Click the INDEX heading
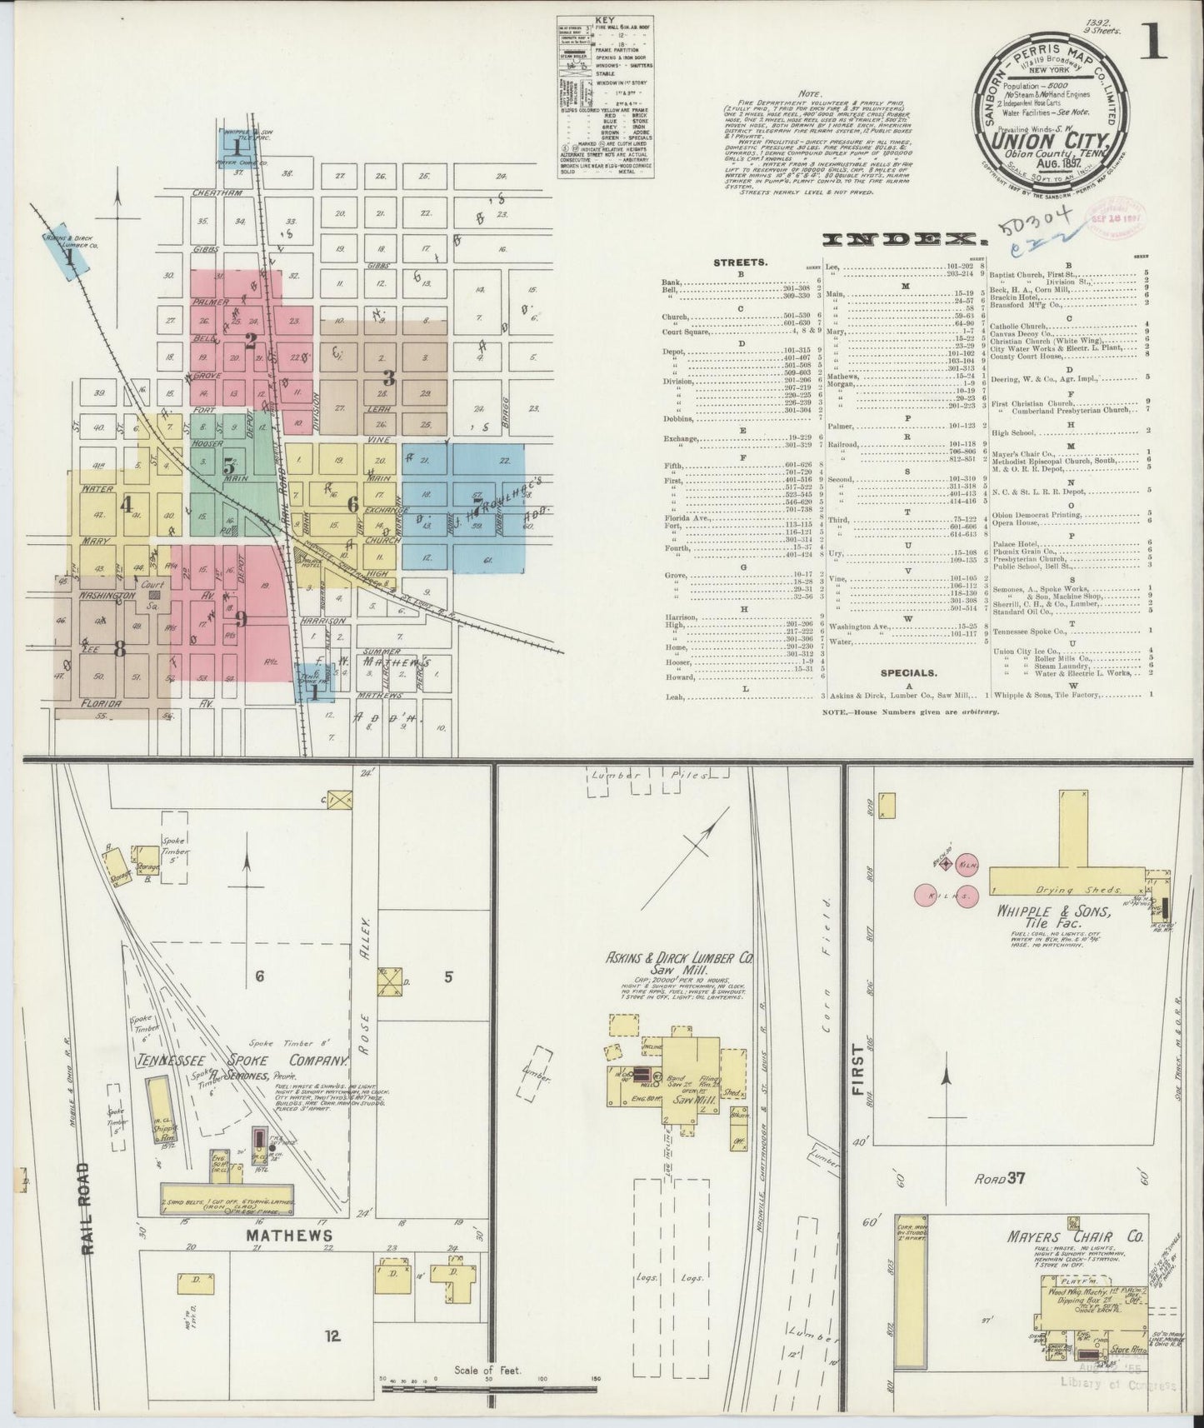click(x=899, y=240)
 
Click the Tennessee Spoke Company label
click(x=242, y=1062)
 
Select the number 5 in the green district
click(x=227, y=467)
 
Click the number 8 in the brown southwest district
click(x=119, y=649)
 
